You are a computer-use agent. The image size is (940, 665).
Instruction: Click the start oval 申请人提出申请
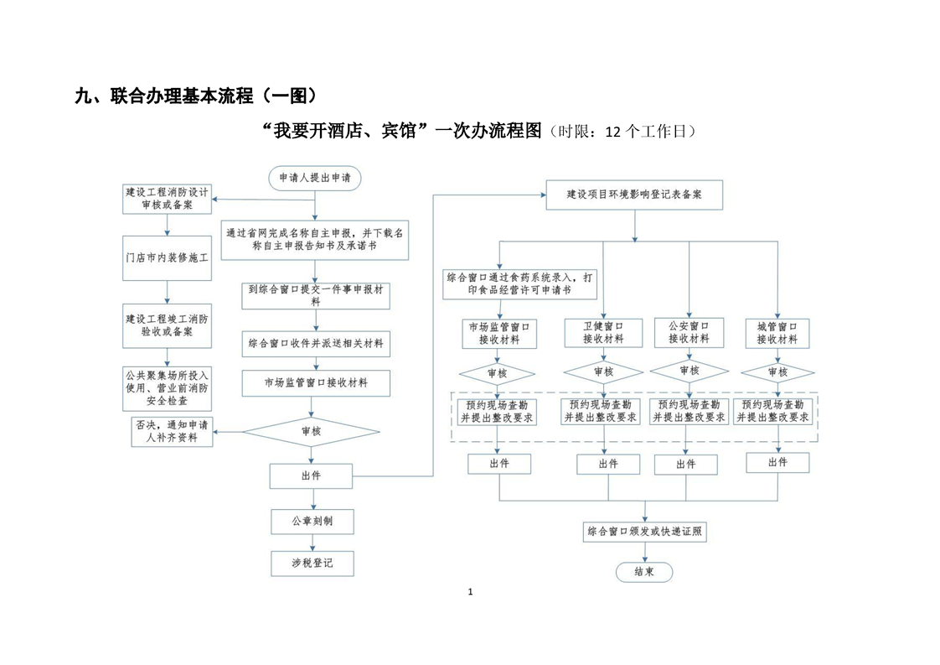click(x=315, y=179)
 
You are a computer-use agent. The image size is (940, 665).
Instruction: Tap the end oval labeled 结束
click(x=644, y=572)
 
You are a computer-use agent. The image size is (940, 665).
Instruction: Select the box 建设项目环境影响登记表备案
click(x=634, y=195)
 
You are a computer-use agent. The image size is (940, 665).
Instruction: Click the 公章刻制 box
click(x=312, y=522)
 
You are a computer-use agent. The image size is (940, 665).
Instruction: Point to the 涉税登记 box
click(x=312, y=564)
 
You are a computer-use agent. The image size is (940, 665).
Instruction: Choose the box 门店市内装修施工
click(x=168, y=258)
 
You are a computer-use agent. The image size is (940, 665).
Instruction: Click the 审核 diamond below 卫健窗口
click(x=604, y=372)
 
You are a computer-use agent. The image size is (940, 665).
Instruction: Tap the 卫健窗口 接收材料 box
click(x=604, y=332)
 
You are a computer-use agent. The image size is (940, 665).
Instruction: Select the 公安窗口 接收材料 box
click(x=689, y=332)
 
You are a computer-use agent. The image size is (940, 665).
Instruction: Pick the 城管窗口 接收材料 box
click(x=777, y=333)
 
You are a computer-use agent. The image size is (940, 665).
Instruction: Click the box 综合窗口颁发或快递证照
click(x=644, y=532)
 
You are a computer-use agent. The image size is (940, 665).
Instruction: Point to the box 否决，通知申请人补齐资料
click(x=172, y=432)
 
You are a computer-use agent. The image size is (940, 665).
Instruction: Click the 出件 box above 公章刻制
click(x=311, y=476)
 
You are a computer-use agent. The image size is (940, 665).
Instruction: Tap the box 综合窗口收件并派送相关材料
click(x=316, y=344)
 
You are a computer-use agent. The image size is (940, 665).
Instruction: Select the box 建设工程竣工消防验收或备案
click(x=168, y=326)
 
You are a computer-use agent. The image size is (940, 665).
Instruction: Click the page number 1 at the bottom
click(x=470, y=592)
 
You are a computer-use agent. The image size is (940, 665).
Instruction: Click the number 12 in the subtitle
click(x=613, y=132)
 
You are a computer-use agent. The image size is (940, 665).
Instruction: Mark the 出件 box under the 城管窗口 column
click(x=777, y=463)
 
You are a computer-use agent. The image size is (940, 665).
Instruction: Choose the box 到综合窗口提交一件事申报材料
click(x=316, y=296)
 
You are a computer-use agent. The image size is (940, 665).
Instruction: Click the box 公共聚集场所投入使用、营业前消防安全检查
click(x=168, y=389)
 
